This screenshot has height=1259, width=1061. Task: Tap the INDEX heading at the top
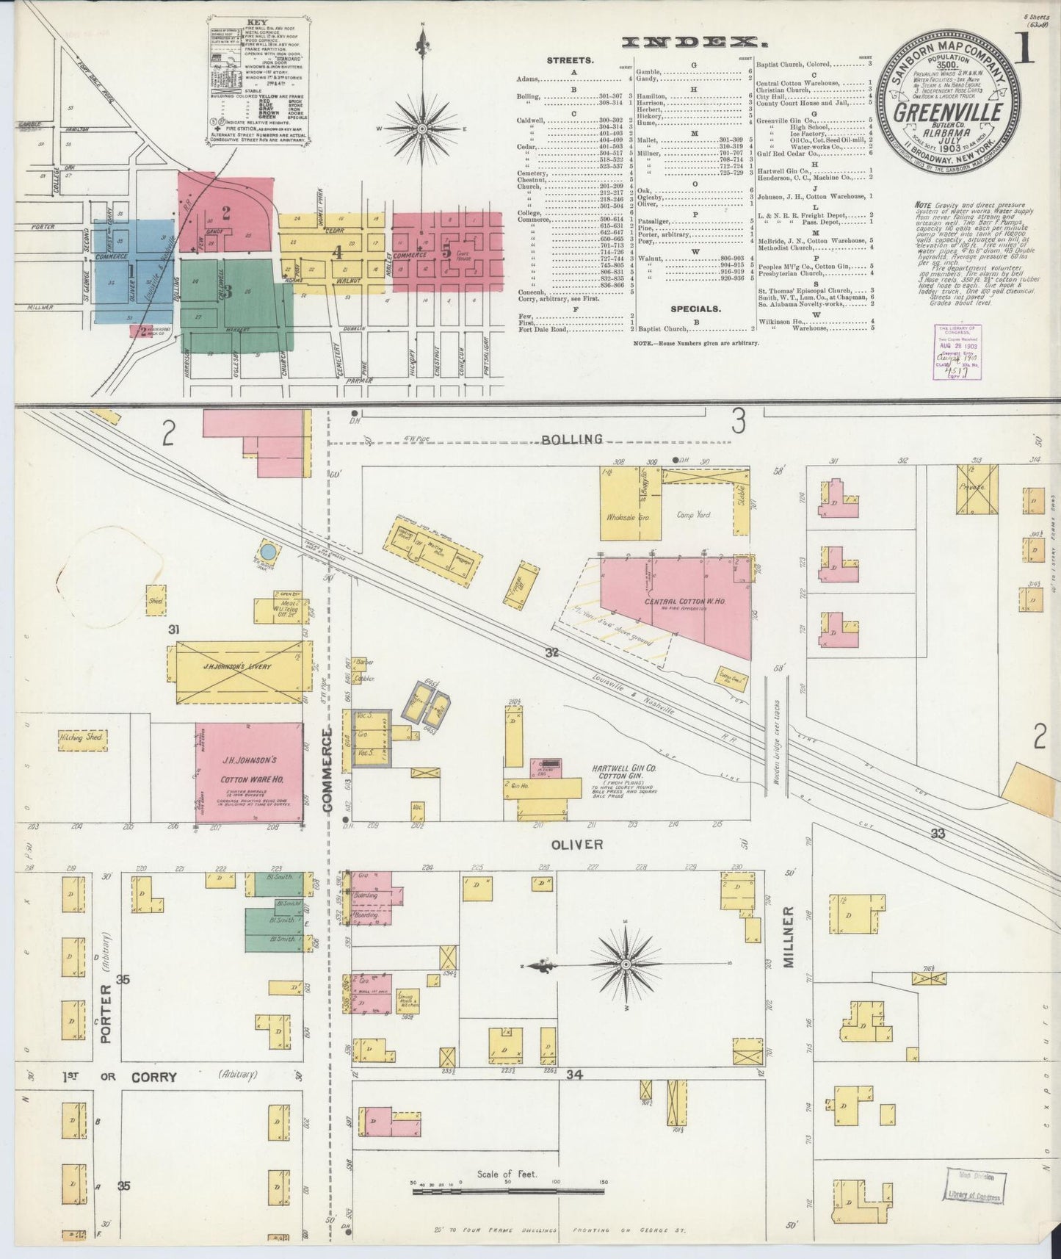pos(689,42)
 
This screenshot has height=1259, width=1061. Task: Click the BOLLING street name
pos(572,439)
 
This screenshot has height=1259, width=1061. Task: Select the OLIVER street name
pos(577,845)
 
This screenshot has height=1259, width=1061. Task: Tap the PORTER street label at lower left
pos(107,1014)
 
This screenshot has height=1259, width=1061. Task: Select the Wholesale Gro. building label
pos(625,516)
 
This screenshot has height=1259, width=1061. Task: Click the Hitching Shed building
pos(82,739)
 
